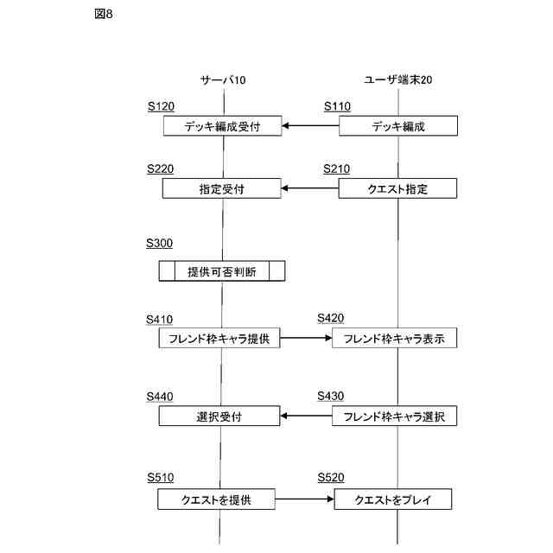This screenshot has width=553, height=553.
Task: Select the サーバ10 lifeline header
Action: point(223,79)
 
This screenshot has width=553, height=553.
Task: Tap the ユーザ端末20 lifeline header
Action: point(398,79)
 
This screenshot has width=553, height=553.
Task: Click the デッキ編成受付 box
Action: point(223,126)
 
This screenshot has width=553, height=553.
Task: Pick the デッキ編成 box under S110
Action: point(397,126)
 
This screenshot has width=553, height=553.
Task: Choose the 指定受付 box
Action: point(221,188)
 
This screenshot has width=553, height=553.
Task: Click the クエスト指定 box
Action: point(397,188)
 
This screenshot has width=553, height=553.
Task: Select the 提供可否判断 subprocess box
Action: point(222,271)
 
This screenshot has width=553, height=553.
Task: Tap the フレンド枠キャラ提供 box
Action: point(219,339)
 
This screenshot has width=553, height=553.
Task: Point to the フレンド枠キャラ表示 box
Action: point(394,339)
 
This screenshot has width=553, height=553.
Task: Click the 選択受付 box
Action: point(219,416)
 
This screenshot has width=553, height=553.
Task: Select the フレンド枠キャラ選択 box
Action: point(394,416)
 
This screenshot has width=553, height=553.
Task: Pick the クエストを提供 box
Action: point(216,499)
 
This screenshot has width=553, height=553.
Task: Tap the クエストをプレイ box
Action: point(392,499)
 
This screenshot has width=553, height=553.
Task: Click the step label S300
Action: point(159,245)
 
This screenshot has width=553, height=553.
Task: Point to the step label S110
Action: point(338,106)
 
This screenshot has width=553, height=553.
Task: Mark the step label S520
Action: point(331,477)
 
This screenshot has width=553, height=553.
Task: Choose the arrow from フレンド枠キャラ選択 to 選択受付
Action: point(307,416)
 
